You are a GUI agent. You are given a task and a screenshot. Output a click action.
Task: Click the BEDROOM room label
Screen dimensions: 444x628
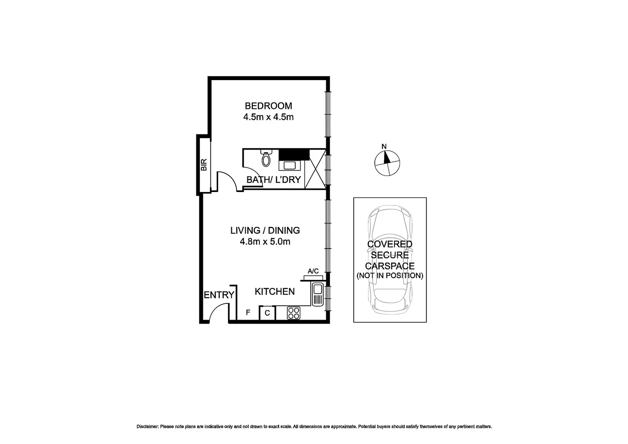[x=268, y=106]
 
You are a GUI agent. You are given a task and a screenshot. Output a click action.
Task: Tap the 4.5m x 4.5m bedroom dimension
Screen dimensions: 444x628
[x=268, y=117]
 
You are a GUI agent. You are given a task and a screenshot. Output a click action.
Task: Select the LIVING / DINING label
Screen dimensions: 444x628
[x=265, y=230]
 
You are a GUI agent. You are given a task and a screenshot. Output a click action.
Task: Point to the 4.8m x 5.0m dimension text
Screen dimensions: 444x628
[x=265, y=241]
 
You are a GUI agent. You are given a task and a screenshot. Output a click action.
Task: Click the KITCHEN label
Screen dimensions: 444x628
[x=275, y=291]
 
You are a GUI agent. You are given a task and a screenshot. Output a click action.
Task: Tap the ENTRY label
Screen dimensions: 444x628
[x=219, y=295]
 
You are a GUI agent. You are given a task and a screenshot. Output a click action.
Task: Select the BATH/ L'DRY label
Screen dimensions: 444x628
[x=273, y=180]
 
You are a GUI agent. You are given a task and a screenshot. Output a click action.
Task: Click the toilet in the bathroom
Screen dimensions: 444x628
[x=266, y=159]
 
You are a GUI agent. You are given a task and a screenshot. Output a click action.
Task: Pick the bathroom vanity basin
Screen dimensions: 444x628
[x=289, y=165]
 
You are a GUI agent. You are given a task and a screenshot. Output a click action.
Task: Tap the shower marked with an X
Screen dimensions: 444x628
[x=315, y=169]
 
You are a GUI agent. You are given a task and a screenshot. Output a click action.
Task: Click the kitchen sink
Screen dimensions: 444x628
[x=317, y=294]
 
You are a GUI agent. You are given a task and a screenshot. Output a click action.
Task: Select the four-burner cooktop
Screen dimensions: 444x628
[x=293, y=313]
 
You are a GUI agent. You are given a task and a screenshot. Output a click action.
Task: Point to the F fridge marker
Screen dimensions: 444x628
[x=248, y=312]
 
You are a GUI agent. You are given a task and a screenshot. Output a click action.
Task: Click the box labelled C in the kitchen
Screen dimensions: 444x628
[x=267, y=313]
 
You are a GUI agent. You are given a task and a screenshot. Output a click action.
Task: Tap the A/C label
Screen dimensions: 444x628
[x=313, y=271]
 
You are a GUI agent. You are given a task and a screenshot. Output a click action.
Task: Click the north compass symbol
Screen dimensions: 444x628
[x=387, y=163]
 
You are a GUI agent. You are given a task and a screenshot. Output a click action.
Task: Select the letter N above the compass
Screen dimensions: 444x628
[x=384, y=146]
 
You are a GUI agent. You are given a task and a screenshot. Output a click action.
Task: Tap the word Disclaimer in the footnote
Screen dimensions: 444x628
[x=147, y=427]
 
